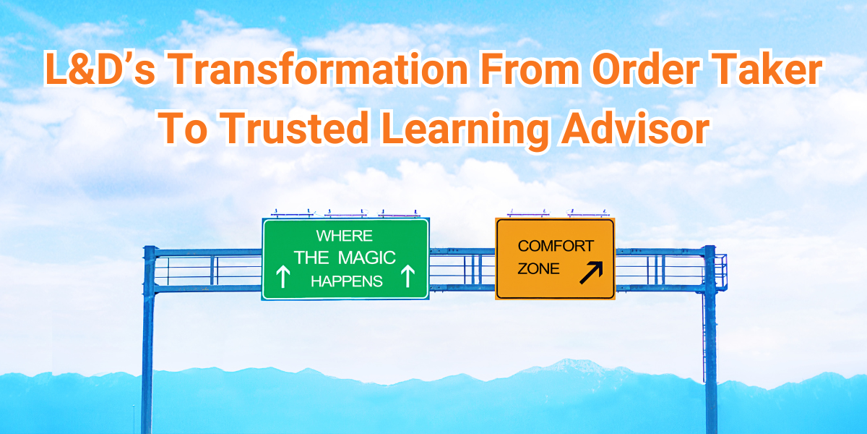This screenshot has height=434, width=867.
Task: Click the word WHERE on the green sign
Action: pos(344,236)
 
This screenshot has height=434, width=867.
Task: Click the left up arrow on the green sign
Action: pos(283,276)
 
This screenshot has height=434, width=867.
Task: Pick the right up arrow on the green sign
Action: pos(408,276)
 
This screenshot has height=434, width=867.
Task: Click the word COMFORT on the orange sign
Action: pos(556,245)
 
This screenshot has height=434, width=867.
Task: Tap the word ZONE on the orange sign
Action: pos(538,269)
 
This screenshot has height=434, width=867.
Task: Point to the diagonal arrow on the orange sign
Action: pos(592,272)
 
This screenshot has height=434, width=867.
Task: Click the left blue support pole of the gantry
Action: pos(149,340)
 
